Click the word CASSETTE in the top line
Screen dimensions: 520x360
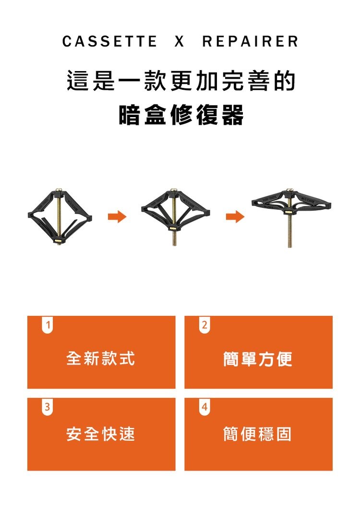click(x=109, y=42)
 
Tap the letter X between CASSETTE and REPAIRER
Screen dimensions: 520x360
click(x=179, y=42)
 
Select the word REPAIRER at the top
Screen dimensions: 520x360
click(x=250, y=42)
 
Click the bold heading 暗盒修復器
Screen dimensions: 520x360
click(x=181, y=115)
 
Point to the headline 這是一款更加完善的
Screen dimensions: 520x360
click(x=181, y=82)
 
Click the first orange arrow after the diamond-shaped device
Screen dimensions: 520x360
click(x=117, y=218)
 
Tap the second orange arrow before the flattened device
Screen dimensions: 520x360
click(x=235, y=218)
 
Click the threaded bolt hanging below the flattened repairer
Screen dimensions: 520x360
click(x=290, y=233)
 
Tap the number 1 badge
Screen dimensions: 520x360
click(x=47, y=325)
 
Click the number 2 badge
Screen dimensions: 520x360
click(x=204, y=325)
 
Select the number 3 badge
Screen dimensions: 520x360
click(x=47, y=407)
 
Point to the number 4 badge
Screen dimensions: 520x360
click(x=204, y=407)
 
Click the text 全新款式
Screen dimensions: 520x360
click(x=101, y=358)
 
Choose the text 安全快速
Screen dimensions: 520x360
click(x=101, y=434)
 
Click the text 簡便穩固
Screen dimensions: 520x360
click(x=258, y=434)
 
